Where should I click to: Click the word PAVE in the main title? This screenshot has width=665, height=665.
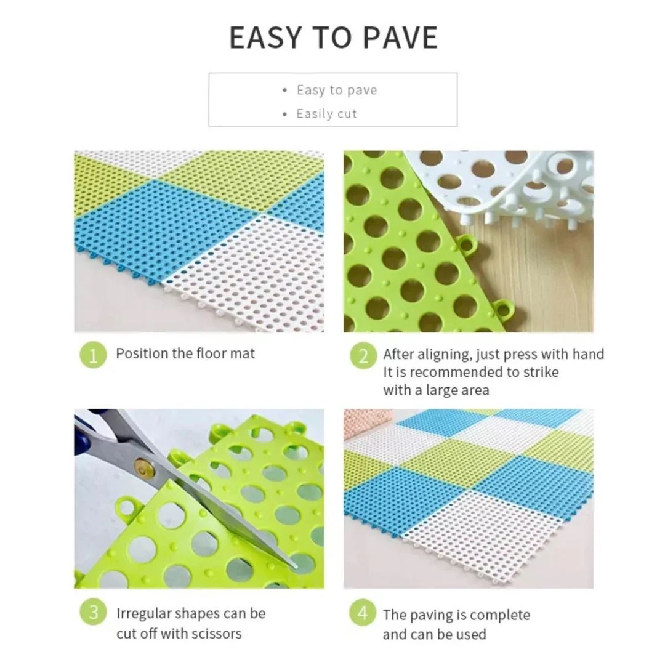click(x=400, y=38)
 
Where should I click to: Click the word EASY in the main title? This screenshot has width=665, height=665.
click(x=265, y=38)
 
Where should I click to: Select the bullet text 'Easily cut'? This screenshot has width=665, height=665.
click(x=326, y=114)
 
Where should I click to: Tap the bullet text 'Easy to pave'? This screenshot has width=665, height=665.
click(x=337, y=90)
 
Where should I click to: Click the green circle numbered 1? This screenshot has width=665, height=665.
click(x=93, y=355)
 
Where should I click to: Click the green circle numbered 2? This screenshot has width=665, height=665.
click(x=363, y=355)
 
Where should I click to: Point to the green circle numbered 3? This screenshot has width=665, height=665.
click(x=93, y=612)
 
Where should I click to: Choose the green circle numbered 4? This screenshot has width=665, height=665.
click(x=363, y=613)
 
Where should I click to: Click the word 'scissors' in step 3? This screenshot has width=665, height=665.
click(x=216, y=634)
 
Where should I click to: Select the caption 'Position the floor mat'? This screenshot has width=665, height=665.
click(x=185, y=353)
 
